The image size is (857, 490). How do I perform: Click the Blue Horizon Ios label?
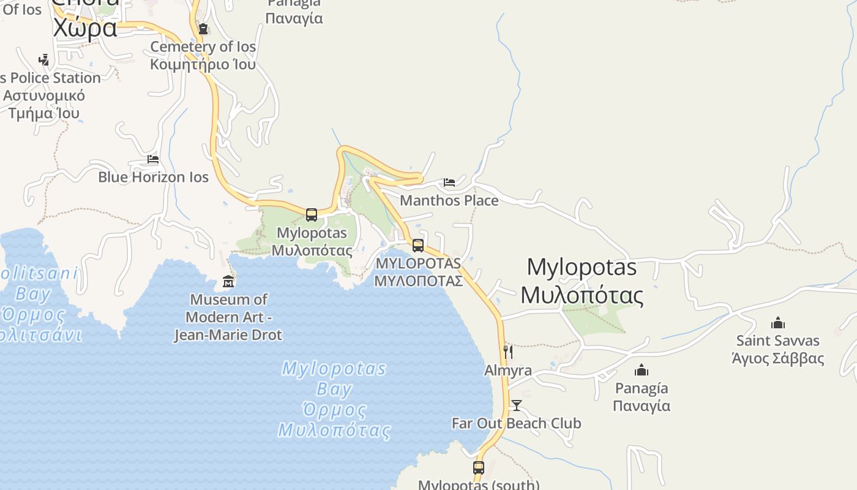154,177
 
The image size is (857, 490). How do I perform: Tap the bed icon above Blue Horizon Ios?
153,159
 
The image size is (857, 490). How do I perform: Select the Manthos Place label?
449,200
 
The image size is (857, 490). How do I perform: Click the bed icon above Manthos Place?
449,183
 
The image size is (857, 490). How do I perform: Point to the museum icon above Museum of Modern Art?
228,282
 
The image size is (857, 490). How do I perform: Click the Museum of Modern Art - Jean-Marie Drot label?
228,317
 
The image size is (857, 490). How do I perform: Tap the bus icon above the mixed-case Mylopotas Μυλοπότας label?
312,215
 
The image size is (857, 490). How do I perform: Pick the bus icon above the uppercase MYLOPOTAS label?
418,246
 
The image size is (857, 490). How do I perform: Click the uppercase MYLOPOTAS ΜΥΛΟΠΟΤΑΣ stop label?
418,272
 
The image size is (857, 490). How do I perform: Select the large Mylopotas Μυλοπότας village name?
582,281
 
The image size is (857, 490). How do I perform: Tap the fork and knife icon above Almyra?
508,352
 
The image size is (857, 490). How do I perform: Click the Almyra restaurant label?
508,371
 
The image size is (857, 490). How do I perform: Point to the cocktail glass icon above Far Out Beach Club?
517,405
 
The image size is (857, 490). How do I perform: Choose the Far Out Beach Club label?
517,423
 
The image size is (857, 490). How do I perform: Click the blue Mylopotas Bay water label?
334,399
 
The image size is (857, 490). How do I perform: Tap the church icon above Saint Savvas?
778,323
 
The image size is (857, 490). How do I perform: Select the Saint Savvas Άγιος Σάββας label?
778,349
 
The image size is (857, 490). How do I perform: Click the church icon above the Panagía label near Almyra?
642,370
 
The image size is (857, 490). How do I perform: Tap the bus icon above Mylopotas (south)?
479,468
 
